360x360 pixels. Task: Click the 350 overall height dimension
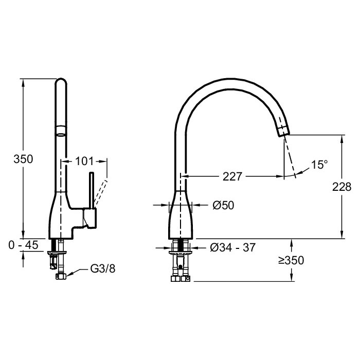(x=23, y=159)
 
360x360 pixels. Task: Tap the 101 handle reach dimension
(x=84, y=161)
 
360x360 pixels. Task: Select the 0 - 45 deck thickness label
(x=23, y=245)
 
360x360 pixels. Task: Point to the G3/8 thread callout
(x=103, y=268)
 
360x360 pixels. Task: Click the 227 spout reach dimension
(x=232, y=176)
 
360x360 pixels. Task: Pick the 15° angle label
(x=319, y=165)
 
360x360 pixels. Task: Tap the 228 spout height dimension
(x=341, y=187)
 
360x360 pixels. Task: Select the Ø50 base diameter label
(x=223, y=205)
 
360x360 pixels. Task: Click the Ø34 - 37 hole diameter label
(x=232, y=247)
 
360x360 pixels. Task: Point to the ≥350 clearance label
(x=291, y=260)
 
